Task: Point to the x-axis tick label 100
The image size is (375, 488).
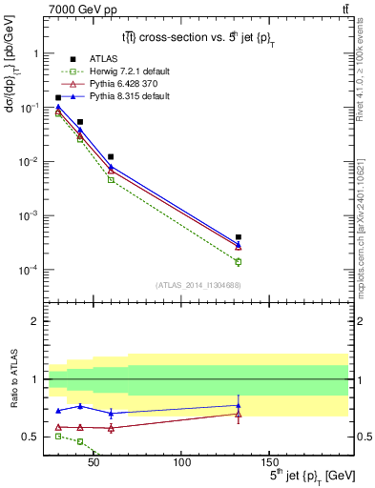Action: coord(181,461)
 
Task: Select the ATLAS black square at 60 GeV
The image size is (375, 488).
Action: coord(111,156)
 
